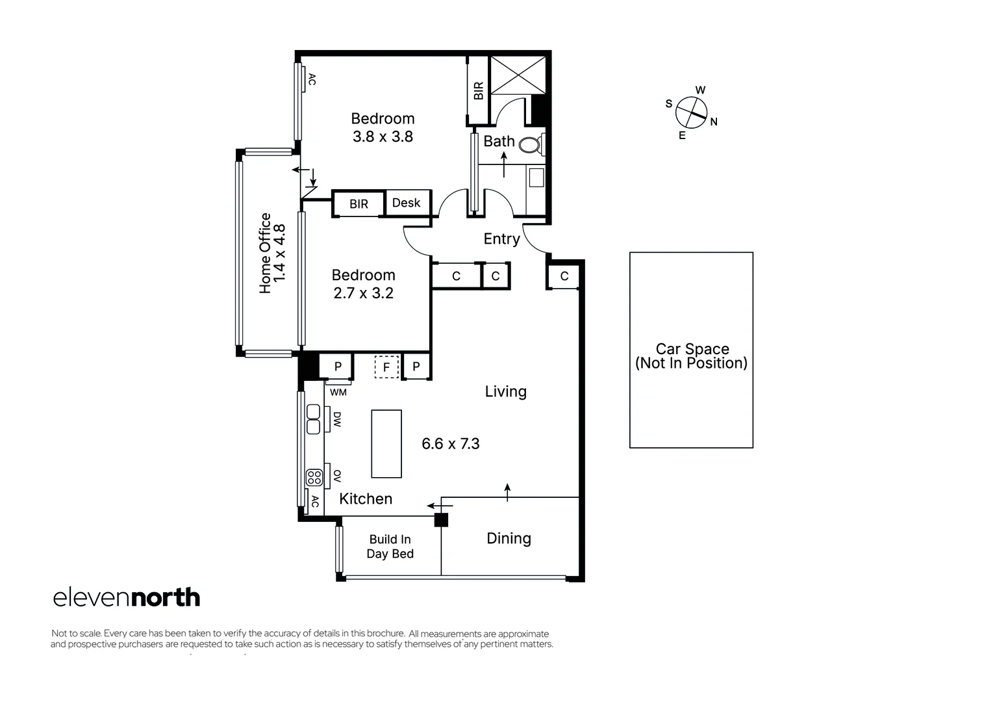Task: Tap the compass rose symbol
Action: (691, 112)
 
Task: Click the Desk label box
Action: (407, 203)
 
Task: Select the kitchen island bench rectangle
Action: (386, 444)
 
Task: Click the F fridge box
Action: (386, 367)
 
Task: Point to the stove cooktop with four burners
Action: (314, 478)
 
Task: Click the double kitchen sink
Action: (314, 419)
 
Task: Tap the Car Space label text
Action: (692, 356)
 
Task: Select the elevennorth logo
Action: (127, 597)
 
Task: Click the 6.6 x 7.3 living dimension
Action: (450, 444)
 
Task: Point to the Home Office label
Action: (272, 253)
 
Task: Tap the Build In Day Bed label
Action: (390, 547)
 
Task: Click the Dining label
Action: (509, 538)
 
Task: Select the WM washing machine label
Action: (338, 392)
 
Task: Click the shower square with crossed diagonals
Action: (517, 75)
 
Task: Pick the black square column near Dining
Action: (441, 520)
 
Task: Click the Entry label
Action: (501, 239)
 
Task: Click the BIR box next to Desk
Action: (359, 204)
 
